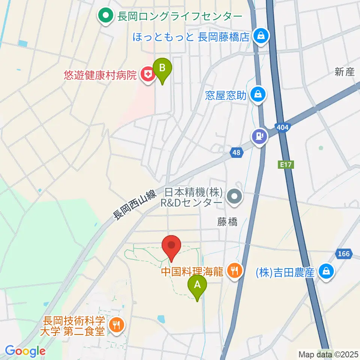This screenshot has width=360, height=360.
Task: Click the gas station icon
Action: click(x=259, y=135)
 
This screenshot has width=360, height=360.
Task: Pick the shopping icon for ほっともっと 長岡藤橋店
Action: click(x=259, y=36)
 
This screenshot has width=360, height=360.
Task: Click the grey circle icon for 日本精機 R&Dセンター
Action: click(x=235, y=196)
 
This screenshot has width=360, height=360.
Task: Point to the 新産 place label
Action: click(x=345, y=72)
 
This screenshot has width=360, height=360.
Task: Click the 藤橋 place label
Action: click(x=227, y=222)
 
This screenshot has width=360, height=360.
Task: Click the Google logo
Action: click(x=25, y=351)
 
